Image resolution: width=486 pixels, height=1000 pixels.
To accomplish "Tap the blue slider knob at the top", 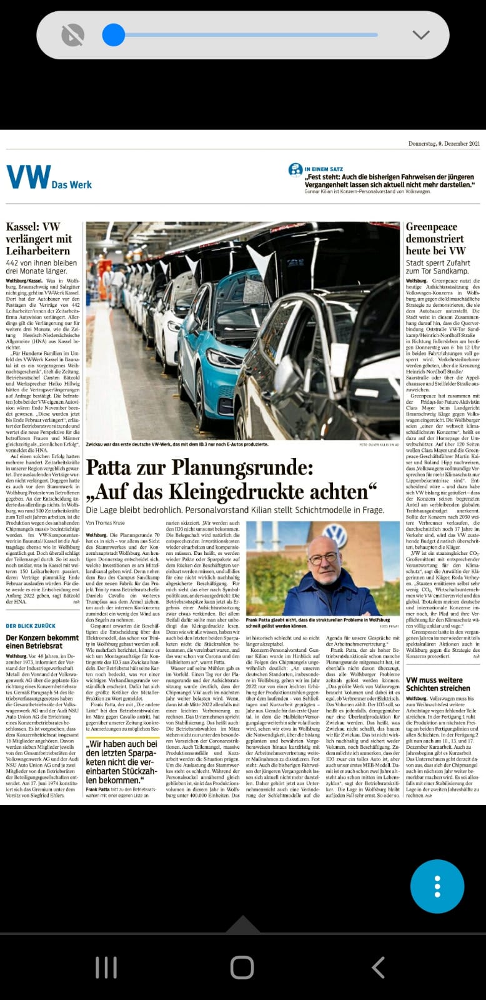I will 113,35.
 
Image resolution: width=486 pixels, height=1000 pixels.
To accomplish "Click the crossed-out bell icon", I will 73,35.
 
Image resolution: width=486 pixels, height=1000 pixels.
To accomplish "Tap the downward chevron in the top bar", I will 421,35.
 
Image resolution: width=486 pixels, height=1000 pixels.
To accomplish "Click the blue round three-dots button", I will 437,886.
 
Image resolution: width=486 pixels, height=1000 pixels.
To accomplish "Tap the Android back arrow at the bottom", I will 378,967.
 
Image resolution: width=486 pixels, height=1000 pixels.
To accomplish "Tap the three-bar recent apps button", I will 106,967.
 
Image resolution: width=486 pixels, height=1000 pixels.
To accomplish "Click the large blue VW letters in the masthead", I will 28,177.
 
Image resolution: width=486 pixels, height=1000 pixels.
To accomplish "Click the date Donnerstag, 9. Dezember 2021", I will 444,144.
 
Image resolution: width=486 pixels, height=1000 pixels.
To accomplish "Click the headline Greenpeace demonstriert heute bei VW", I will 435,239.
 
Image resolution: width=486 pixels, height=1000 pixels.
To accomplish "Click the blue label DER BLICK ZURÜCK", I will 31,626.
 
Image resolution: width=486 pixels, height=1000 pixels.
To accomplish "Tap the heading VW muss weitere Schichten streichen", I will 438,684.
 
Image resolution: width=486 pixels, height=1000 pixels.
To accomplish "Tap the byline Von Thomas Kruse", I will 106,522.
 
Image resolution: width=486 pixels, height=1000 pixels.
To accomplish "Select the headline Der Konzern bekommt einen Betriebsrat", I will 42,642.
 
